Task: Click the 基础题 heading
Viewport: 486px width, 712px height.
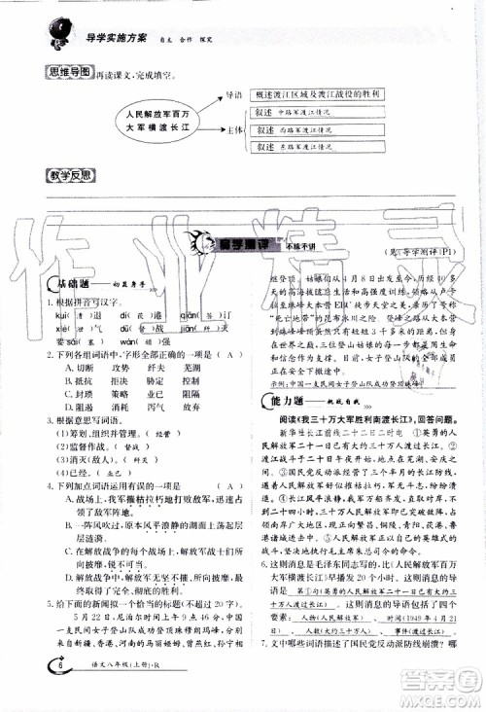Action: pos(73,283)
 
